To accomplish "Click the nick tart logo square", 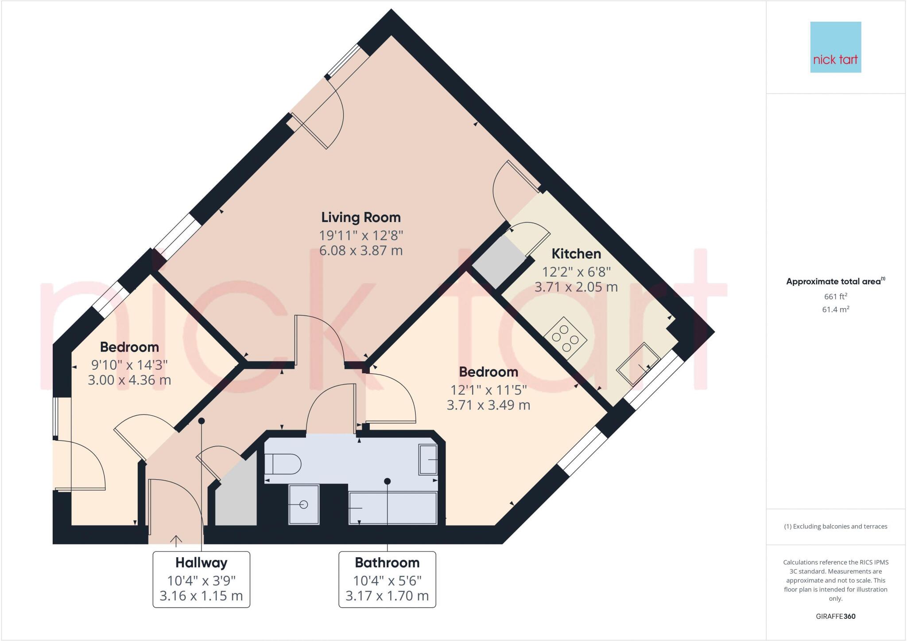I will point(835,47).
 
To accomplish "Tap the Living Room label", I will point(360,217).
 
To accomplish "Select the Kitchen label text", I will point(576,254).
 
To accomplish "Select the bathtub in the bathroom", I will point(392,508).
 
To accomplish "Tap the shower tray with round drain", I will point(303,504).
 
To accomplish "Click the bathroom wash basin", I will point(428,460).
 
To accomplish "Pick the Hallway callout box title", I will point(201,563).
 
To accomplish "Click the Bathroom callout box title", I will point(387,563).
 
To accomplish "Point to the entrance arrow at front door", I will point(176,540).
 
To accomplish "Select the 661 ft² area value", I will point(835,297).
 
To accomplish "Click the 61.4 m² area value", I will point(835,309).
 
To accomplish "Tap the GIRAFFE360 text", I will point(835,616).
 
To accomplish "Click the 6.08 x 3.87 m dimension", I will point(360,251).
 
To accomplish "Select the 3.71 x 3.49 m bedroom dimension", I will point(488,405).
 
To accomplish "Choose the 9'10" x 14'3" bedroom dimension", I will point(129,365).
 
